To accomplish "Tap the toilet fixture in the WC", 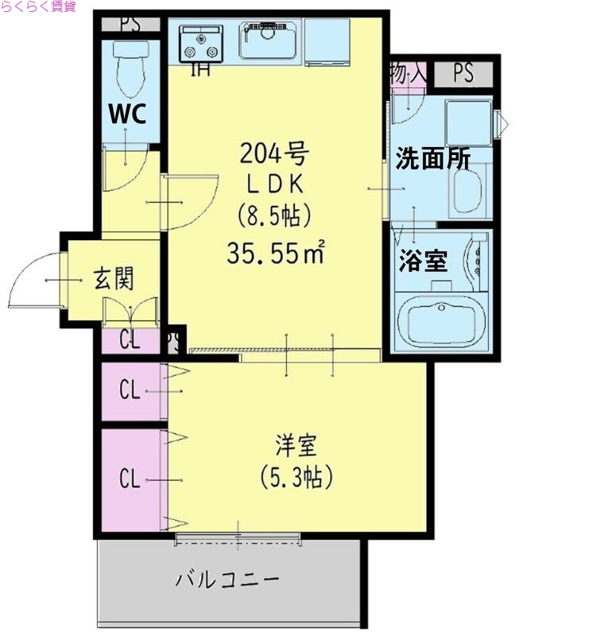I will [127, 68].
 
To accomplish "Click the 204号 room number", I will [274, 152].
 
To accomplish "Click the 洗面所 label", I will [432, 159].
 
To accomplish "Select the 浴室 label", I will [423, 261].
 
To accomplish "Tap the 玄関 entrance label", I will [114, 279].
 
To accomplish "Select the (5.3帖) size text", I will [295, 477].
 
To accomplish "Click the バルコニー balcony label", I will [227, 579].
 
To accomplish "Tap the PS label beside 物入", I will [463, 74].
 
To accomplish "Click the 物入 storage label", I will [408, 74].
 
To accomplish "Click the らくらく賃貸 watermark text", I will [38, 7].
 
